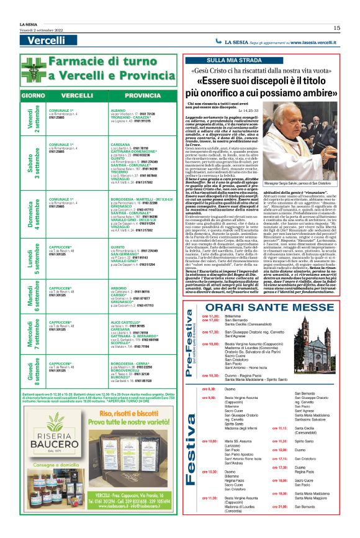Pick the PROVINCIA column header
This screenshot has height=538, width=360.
142,97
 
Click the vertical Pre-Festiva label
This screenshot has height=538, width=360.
192,352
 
